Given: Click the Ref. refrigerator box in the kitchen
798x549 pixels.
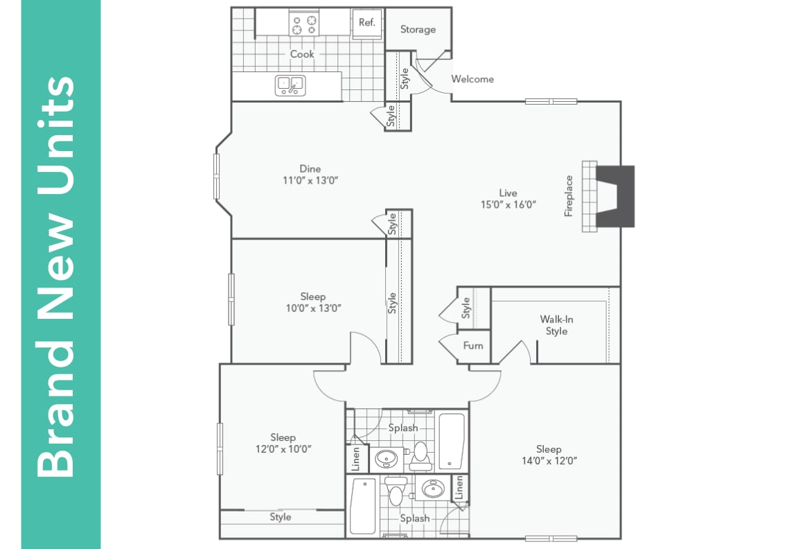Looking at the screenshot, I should tap(366, 22).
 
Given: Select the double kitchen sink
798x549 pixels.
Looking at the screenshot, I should tap(290, 85).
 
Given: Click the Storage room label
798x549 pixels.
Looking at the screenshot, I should tap(418, 30).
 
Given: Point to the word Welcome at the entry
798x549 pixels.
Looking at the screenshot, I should tap(472, 79).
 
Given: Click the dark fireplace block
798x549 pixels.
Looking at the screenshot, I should tap(616, 196).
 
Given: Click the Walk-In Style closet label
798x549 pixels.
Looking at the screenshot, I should tap(556, 325).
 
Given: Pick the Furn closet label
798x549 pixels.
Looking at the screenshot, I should tap(473, 345).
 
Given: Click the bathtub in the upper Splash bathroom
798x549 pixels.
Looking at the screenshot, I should tap(452, 441).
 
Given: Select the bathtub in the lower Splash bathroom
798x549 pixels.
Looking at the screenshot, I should tap(363, 505).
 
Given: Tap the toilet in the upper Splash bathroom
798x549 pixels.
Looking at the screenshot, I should tap(420, 455).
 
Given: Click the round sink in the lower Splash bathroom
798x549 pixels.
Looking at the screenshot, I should tap(434, 490).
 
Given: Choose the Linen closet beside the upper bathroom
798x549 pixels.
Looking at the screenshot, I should tap(353, 458).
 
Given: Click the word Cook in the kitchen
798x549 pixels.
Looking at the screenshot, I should tap(302, 54).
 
